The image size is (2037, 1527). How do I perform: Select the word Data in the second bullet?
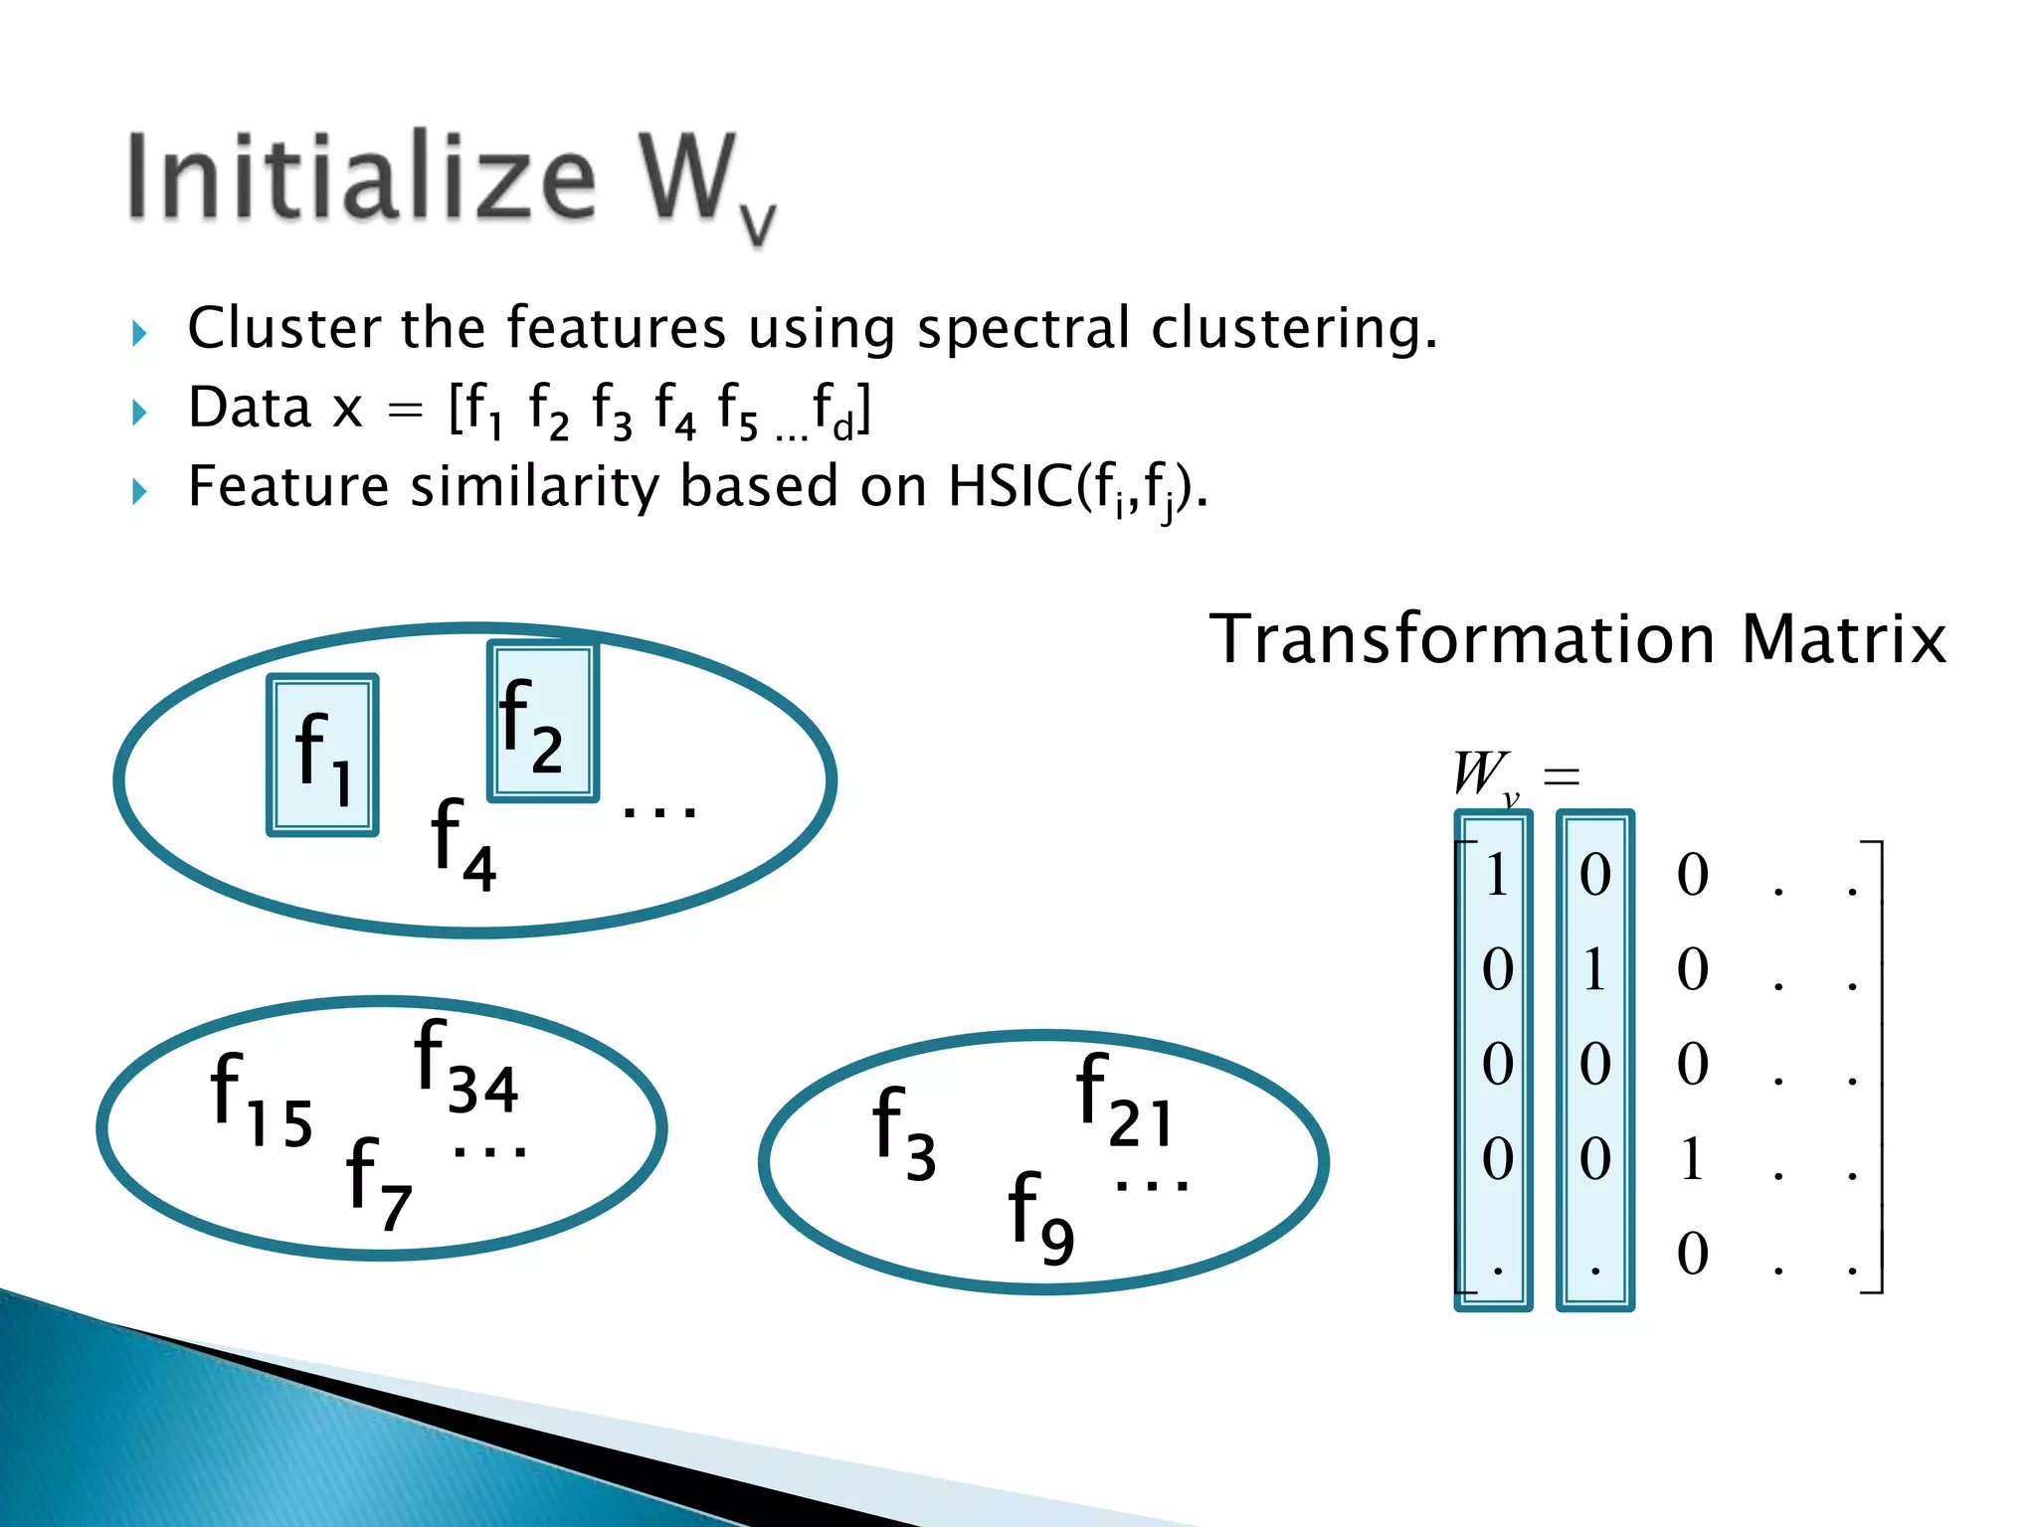[x=250, y=408]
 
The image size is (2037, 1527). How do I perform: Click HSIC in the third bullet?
[x=1010, y=487]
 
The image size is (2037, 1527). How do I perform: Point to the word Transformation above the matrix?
[x=1462, y=639]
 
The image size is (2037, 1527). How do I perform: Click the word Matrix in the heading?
[x=1843, y=639]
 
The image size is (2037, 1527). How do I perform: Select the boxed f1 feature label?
[x=322, y=756]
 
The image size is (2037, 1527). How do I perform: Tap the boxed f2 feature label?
[x=542, y=723]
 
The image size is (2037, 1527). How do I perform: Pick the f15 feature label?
[x=261, y=1100]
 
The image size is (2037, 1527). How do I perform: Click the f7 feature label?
[x=379, y=1183]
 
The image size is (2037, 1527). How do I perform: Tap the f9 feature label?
[x=1040, y=1217]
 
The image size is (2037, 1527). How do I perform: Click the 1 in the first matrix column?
[x=1496, y=876]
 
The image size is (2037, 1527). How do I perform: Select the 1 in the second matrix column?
[x=1594, y=970]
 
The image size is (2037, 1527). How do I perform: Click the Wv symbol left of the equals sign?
[x=1485, y=774]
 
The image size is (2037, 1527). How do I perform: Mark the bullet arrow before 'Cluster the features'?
[x=139, y=333]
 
